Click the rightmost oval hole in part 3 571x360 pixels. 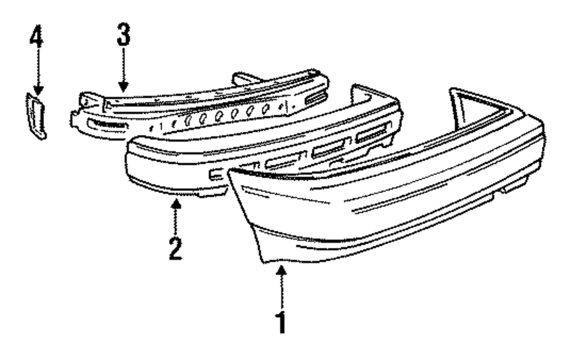(x=266, y=108)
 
